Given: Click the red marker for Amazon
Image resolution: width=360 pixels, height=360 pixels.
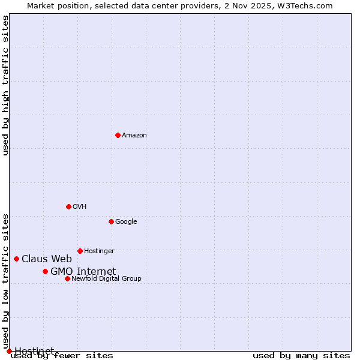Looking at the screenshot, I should pyautogui.click(x=118, y=135).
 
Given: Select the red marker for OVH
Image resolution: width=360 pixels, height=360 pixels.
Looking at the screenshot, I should pyautogui.click(x=68, y=206).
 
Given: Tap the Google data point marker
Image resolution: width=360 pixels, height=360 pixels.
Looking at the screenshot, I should pyautogui.click(x=111, y=221).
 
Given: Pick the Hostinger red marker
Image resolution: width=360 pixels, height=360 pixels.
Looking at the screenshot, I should pyautogui.click(x=80, y=251).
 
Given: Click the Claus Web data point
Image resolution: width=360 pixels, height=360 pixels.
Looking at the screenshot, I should pyautogui.click(x=16, y=259).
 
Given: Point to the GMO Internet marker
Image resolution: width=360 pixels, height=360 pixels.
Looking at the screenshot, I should pyautogui.click(x=45, y=271).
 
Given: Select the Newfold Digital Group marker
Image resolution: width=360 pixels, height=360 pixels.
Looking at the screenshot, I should pyautogui.click(x=67, y=278).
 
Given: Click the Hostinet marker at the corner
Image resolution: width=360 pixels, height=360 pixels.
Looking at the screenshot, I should pyautogui.click(x=9, y=351).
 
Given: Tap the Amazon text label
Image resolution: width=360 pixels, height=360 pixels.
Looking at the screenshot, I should pyautogui.click(x=134, y=136).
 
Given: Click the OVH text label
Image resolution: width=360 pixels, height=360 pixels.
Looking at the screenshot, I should pyautogui.click(x=80, y=207).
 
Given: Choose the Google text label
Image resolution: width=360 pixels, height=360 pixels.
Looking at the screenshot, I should pyautogui.click(x=126, y=222).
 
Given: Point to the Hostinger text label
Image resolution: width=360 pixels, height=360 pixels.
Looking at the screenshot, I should pyautogui.click(x=99, y=251).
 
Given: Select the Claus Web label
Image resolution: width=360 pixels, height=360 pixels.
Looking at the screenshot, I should pyautogui.click(x=47, y=259).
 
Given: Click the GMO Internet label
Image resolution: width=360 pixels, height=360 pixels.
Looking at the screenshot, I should pyautogui.click(x=83, y=272).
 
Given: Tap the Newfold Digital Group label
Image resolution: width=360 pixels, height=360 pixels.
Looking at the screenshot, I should pyautogui.click(x=106, y=279).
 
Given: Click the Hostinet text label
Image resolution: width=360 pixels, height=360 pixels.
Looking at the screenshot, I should pyautogui.click(x=34, y=350).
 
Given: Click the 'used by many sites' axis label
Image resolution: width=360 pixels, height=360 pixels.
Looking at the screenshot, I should pyautogui.click(x=301, y=356).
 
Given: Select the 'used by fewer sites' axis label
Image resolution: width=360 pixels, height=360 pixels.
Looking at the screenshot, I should pyautogui.click(x=62, y=356).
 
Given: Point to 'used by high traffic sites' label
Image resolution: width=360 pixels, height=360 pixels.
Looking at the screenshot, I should pyautogui.click(x=6, y=85).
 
